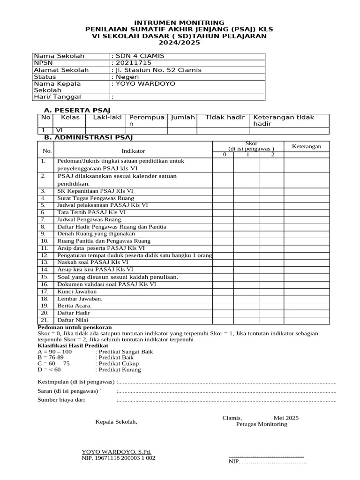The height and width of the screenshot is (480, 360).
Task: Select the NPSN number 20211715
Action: [x=133, y=63]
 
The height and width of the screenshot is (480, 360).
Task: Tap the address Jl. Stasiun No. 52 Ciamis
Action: [x=157, y=70]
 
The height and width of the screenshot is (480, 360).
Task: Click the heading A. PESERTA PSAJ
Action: [x=75, y=110]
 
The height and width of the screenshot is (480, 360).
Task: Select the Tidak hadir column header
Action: [x=225, y=117]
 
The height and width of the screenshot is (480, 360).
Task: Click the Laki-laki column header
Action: [x=106, y=117]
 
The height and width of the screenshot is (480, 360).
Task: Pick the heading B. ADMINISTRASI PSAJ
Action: [x=89, y=137]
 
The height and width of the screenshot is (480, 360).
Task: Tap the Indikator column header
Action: [x=133, y=151]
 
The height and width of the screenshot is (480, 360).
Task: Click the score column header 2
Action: [x=272, y=154]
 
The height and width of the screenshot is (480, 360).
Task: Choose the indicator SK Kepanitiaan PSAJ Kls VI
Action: [x=95, y=191]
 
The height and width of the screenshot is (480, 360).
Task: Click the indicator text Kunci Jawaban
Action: [x=77, y=292]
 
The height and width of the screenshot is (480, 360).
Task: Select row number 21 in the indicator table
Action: [x=45, y=320]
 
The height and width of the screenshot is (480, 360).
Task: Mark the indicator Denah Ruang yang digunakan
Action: [x=96, y=233]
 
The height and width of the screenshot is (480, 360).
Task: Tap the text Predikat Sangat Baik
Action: [x=124, y=351]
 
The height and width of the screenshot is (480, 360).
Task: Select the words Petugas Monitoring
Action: [x=262, y=424]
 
